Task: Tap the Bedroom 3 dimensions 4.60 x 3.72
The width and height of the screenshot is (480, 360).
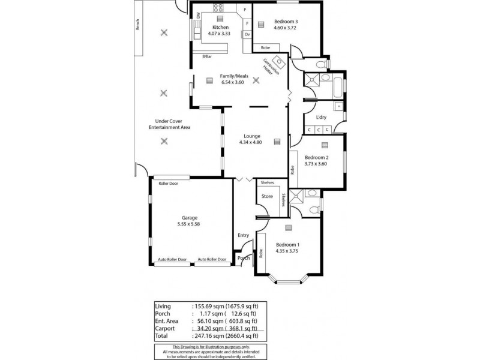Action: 286,28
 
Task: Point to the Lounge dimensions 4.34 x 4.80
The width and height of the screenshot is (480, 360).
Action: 247,142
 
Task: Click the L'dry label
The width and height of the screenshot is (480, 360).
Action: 320,118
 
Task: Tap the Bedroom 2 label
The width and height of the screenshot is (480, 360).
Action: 317,157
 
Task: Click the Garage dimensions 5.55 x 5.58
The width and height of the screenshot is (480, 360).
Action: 190,224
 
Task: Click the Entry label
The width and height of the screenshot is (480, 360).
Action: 243,235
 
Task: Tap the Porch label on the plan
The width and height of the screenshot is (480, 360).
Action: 244,258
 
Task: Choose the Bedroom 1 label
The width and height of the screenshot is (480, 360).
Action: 287,245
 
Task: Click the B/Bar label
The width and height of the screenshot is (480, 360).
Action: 208,56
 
